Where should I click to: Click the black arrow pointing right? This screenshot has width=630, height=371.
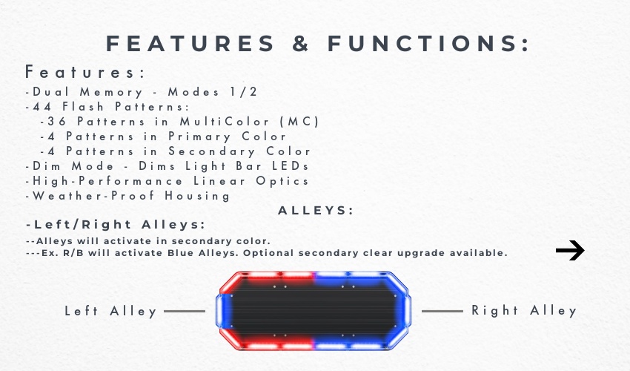pyautogui.click(x=570, y=250)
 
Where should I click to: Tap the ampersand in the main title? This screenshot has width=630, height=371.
pyautogui.click(x=300, y=43)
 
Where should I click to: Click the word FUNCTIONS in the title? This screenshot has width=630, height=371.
pyautogui.click(x=428, y=43)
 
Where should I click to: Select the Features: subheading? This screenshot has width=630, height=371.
pyautogui.click(x=84, y=72)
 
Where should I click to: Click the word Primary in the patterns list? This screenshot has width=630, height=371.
pyautogui.click(x=199, y=137)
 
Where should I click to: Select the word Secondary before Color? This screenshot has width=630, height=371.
pyautogui.click(x=212, y=151)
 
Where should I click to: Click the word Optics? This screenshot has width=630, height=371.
pyautogui.click(x=282, y=181)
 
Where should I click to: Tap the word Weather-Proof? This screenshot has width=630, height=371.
pyautogui.click(x=93, y=196)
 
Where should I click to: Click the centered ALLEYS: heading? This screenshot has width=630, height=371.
pyautogui.click(x=316, y=211)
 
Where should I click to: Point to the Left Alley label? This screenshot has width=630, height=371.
pyautogui.click(x=110, y=311)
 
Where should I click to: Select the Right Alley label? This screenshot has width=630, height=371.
pyautogui.click(x=524, y=311)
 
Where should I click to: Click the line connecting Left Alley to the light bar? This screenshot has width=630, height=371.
pyautogui.click(x=185, y=311)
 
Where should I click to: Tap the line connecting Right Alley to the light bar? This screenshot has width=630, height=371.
pyautogui.click(x=442, y=311)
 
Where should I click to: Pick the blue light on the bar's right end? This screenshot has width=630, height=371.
pyautogui.click(x=406, y=311)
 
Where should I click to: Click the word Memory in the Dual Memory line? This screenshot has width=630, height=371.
pyautogui.click(x=111, y=92)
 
